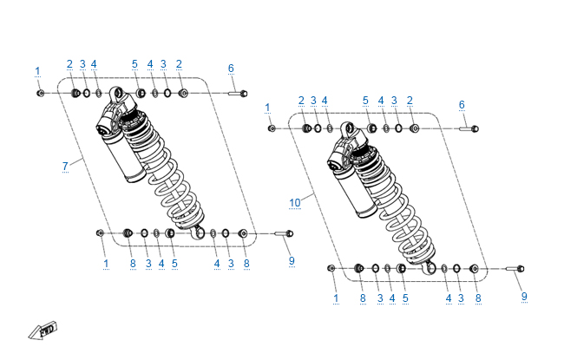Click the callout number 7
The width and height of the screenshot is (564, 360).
(x=65, y=167)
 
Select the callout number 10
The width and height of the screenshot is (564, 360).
(x=295, y=203)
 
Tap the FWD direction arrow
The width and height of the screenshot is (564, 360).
(x=43, y=331)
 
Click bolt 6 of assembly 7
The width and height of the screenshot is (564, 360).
(x=238, y=94)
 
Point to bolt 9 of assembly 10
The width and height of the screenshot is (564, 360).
(x=515, y=269)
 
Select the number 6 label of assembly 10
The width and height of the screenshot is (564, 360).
(x=462, y=105)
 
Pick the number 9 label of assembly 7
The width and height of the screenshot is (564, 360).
(x=292, y=261)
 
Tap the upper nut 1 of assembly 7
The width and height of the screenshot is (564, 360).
(x=40, y=94)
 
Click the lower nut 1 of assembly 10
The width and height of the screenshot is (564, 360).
(x=331, y=268)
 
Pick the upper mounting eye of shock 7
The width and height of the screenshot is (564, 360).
(x=116, y=93)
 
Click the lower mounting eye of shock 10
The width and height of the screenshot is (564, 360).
(x=430, y=268)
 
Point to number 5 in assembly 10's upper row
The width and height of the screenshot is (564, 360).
(x=365, y=101)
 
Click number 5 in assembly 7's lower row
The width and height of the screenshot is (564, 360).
(x=174, y=264)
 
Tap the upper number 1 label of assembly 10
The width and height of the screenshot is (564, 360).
(x=267, y=108)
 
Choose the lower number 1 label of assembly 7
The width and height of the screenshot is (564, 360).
(x=106, y=264)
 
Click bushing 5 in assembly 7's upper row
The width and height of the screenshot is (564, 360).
(x=141, y=94)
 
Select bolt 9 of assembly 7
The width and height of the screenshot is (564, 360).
(x=284, y=233)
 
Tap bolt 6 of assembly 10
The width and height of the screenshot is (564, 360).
(x=469, y=128)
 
